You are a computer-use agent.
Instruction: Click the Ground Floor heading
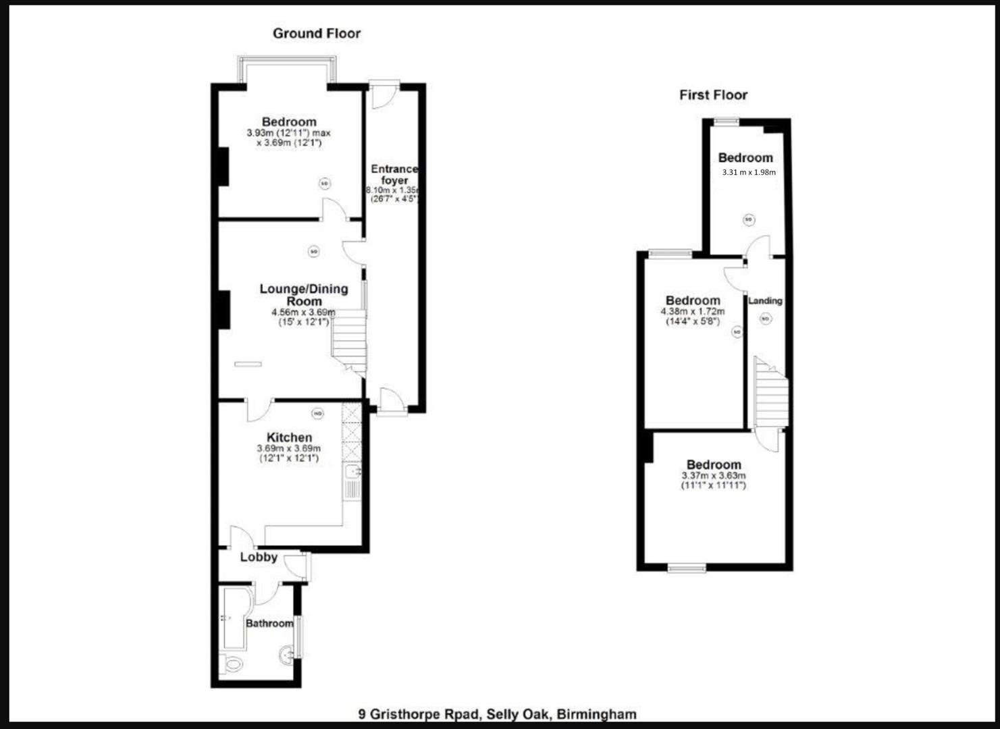click(316, 33)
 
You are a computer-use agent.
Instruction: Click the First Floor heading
click(713, 95)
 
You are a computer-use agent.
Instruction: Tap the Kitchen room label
click(289, 437)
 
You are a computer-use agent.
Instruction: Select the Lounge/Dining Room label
click(304, 294)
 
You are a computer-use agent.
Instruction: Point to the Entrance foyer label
click(394, 175)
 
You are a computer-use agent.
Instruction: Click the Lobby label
click(259, 557)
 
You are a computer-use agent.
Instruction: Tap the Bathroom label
click(269, 623)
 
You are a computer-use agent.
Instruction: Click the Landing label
click(765, 300)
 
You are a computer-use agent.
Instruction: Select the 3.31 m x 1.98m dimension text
click(749, 172)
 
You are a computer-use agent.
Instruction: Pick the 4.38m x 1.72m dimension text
click(692, 312)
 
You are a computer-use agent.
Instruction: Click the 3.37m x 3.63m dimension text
click(714, 476)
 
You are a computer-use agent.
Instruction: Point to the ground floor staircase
click(349, 341)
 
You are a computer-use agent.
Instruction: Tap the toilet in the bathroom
click(232, 664)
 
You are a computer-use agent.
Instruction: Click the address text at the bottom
click(497, 713)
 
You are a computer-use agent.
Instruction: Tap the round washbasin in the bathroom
click(287, 653)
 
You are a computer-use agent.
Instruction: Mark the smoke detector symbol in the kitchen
click(317, 413)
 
